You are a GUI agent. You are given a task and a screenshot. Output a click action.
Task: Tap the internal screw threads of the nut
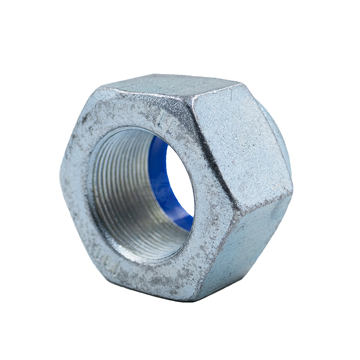pyautogui.click(x=123, y=195)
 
